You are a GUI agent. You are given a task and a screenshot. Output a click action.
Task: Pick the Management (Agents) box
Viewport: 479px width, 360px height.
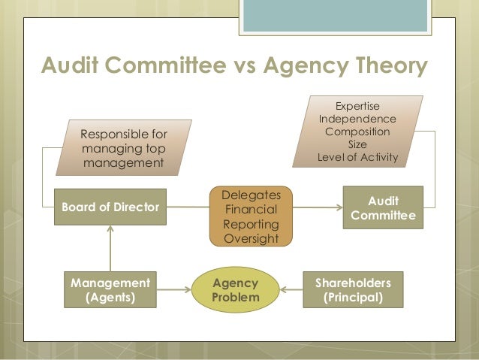tap(110, 290)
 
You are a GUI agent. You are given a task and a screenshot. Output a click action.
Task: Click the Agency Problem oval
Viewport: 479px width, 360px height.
tap(236, 290)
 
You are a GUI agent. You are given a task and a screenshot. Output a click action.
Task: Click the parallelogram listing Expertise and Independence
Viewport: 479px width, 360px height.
tap(358, 132)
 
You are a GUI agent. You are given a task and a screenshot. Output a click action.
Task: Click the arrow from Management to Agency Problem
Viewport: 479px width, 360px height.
tap(174, 290)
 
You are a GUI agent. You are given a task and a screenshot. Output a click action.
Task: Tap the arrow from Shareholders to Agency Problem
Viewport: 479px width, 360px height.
tap(293, 290)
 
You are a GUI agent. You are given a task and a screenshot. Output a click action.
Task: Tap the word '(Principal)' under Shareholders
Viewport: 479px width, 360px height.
tap(353, 298)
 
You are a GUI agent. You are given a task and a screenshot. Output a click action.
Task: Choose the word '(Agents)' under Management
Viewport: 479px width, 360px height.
tap(110, 298)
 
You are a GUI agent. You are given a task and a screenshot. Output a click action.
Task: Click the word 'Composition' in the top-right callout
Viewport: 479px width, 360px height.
tap(358, 132)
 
